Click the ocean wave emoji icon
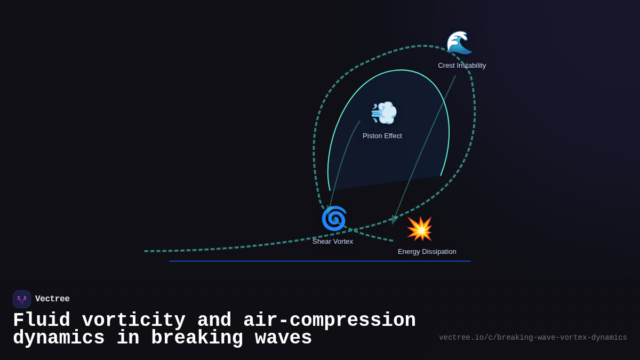459,43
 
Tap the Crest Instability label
462,66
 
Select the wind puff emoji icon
384,113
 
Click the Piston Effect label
382,136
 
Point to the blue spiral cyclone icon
334,218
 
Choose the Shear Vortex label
333,242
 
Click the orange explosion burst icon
420,229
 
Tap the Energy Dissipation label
427,252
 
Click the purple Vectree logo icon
22,299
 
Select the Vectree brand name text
52,299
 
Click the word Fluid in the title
42,321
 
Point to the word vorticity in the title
134,321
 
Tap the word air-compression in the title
330,321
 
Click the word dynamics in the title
59,338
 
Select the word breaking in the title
197,338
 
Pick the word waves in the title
283,338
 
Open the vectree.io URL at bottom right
533,338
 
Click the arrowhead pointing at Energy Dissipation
394,219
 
